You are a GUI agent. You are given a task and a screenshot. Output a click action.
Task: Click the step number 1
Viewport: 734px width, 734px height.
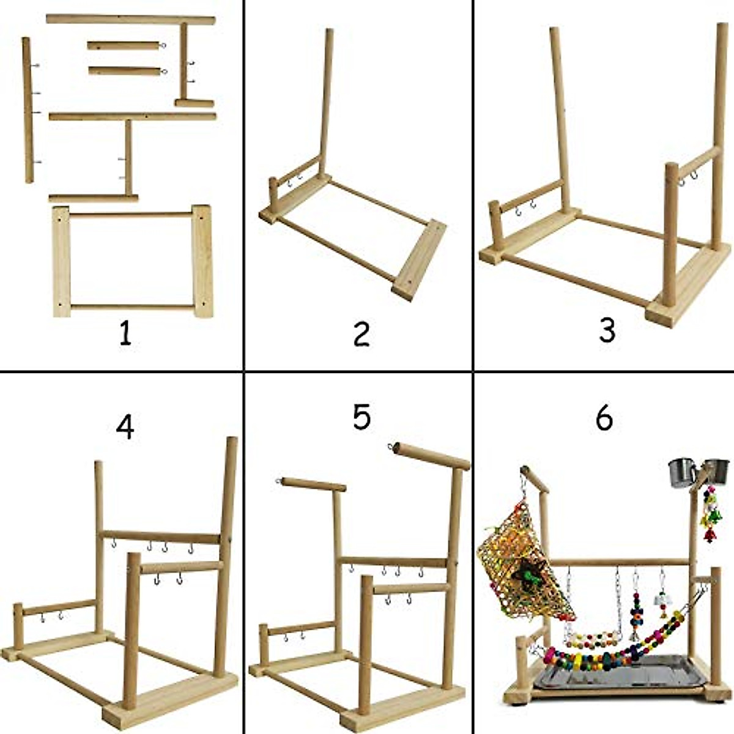point(125,334)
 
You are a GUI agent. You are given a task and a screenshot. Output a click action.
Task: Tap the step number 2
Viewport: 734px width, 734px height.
point(361,334)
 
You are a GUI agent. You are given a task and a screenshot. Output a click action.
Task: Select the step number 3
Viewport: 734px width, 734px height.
point(607,330)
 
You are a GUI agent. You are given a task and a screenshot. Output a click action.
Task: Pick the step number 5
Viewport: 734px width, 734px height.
point(361,417)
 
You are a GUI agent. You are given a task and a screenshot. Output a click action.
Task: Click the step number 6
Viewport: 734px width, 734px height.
point(604,418)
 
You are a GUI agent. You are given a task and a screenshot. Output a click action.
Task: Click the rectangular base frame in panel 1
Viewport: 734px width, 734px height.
point(132,261)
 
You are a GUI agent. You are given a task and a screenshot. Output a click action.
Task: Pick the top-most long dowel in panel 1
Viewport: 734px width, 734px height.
point(130,20)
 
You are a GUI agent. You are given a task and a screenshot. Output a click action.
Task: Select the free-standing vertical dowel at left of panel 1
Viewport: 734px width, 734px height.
point(28,110)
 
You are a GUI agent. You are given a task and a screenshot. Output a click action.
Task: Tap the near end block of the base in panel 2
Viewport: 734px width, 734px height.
point(419,260)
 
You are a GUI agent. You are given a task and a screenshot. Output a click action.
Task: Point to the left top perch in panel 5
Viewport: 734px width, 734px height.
point(314,484)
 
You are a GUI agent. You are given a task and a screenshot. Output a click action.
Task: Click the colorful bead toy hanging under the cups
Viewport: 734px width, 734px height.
point(710,514)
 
